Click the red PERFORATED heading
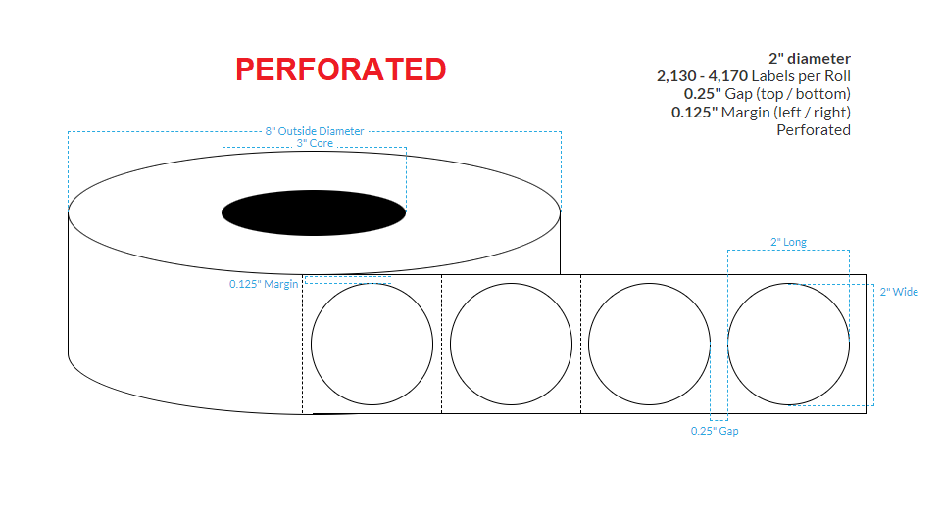(x=340, y=69)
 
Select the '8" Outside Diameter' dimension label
(x=315, y=131)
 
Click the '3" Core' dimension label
(x=315, y=143)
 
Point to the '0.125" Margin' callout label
(x=264, y=284)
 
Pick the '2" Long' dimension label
(x=788, y=242)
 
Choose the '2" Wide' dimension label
(x=899, y=292)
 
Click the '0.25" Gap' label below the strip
(x=714, y=431)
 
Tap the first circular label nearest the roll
(x=372, y=344)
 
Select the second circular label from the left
(x=511, y=344)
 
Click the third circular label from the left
(x=650, y=344)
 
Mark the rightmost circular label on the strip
(x=789, y=344)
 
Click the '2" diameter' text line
(x=809, y=59)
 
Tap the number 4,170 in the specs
(x=726, y=76)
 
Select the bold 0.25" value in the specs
(x=702, y=94)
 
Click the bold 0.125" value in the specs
(x=695, y=112)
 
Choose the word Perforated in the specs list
(x=813, y=129)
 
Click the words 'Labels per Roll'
(x=801, y=76)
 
